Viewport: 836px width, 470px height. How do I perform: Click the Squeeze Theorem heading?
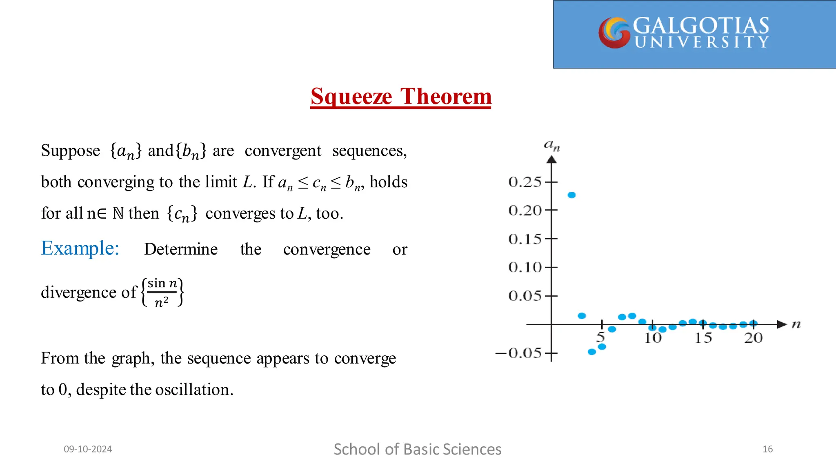pos(401,97)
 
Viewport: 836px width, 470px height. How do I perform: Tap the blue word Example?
pos(80,248)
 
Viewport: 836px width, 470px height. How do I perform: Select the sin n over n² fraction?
pos(162,292)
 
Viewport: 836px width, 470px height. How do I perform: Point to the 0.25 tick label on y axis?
pos(525,182)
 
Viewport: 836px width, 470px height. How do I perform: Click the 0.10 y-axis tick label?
pos(525,267)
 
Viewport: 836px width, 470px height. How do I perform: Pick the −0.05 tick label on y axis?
pos(518,353)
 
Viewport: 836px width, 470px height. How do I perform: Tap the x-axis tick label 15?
pos(703,338)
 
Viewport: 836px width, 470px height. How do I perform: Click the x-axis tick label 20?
pos(753,338)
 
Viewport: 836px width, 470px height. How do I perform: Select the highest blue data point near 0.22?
pos(571,195)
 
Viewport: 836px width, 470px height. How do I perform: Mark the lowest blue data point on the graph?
pos(591,352)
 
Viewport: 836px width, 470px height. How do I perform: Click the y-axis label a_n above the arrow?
pos(552,146)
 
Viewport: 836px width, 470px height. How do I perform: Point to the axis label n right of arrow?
pos(796,325)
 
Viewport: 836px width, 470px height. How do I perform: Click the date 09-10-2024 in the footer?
pos(88,449)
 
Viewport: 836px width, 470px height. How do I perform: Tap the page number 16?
pos(767,449)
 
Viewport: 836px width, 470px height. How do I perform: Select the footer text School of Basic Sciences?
pos(418,449)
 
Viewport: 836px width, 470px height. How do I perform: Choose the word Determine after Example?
pos(181,249)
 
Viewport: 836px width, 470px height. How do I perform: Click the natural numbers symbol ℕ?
pos(118,213)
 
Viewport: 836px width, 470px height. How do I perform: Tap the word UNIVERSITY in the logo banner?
pos(702,42)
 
